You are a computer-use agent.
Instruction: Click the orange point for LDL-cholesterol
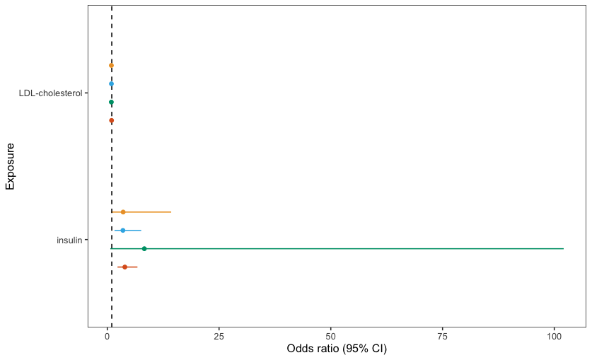(x=111, y=65)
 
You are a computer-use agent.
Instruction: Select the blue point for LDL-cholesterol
(x=111, y=83)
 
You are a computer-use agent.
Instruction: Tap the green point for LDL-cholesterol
(x=111, y=102)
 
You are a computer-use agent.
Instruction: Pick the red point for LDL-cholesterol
(x=111, y=120)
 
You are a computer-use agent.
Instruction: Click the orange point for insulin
(x=123, y=212)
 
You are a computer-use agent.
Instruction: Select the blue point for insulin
(x=122, y=230)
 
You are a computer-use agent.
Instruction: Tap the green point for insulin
(x=144, y=249)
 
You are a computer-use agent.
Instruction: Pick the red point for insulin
(x=125, y=267)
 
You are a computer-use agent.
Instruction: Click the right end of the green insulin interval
(x=563, y=249)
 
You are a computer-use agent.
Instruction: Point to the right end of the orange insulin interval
(x=171, y=212)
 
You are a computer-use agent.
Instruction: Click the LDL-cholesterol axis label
(x=51, y=93)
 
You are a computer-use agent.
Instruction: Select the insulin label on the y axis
(x=69, y=240)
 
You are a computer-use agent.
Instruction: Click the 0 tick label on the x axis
(x=108, y=337)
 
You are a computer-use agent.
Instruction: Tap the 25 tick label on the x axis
(x=219, y=337)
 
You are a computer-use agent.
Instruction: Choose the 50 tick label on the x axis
(x=331, y=337)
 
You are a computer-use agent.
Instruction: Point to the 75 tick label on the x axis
(x=443, y=337)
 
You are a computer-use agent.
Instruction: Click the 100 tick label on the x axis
(x=555, y=337)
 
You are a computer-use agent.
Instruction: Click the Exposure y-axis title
(x=10, y=166)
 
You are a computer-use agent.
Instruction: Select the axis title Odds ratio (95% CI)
(x=337, y=349)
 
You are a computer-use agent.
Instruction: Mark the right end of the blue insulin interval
(x=141, y=230)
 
